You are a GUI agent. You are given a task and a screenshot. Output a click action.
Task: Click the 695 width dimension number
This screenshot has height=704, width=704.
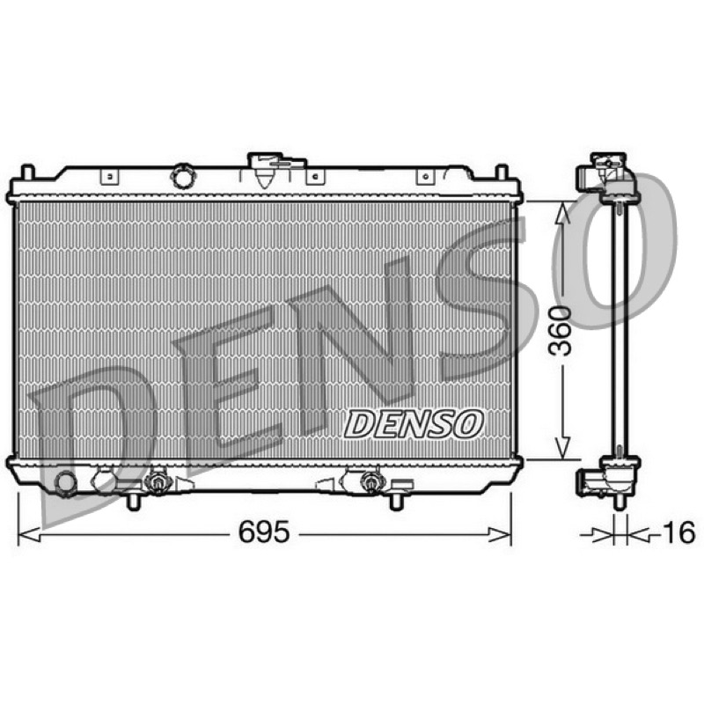pos(264,532)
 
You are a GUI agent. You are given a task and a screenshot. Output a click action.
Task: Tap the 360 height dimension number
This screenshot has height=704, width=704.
pos(561,331)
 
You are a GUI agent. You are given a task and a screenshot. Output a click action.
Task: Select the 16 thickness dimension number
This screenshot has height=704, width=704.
pos(678,532)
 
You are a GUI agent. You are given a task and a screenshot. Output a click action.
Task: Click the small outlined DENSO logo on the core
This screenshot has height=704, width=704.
pos(414,424)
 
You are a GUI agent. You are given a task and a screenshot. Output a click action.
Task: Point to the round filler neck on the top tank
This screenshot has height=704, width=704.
pos(183,177)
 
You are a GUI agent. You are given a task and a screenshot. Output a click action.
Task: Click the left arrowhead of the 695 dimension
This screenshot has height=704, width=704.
pos(29,535)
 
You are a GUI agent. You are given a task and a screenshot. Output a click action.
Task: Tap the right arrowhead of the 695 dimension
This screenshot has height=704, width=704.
pos(500,535)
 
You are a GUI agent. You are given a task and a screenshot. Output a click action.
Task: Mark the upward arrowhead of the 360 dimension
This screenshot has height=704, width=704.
pos(563,212)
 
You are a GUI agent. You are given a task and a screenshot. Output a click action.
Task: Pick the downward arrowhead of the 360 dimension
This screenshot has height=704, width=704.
pos(563,448)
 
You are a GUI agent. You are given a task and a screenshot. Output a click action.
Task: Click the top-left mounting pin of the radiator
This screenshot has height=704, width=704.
pos(27,172)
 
